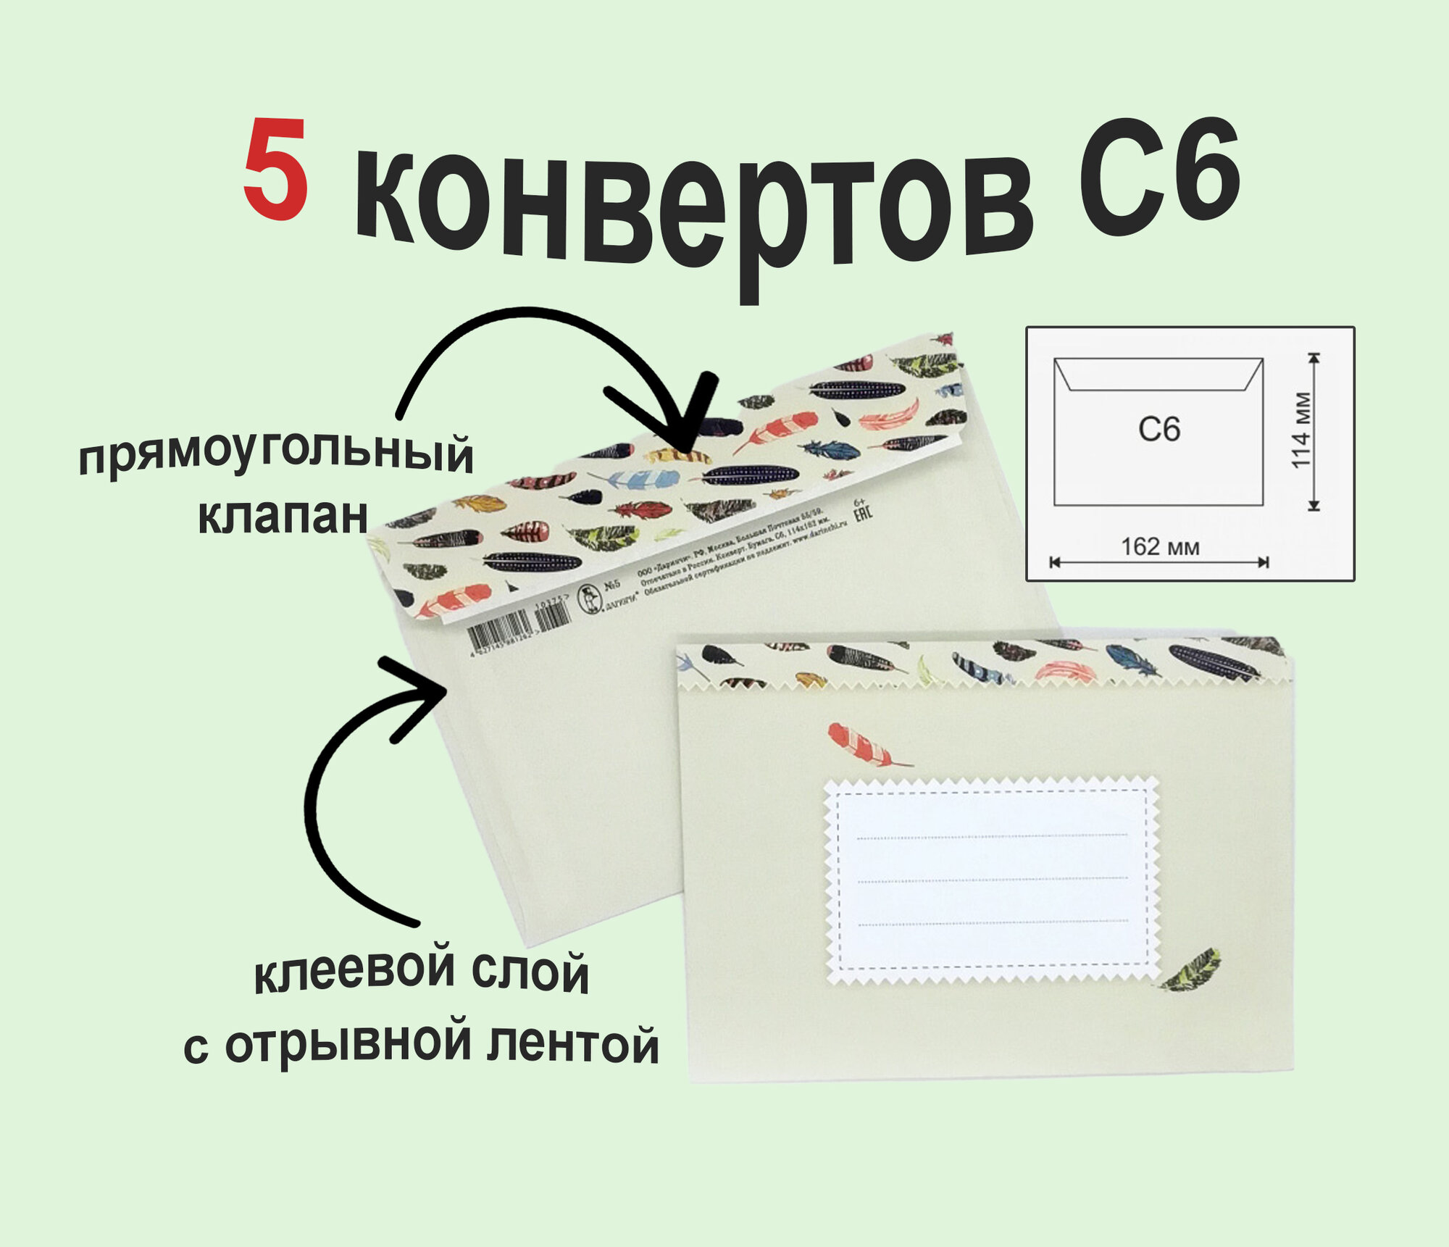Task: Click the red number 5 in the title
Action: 276,170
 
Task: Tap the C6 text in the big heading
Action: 1159,178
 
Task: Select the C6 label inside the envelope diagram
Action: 1159,429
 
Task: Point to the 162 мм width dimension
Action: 1160,546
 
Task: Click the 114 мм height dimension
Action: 1301,430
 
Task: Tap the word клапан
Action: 283,516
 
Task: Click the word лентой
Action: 572,1044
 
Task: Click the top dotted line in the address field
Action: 991,837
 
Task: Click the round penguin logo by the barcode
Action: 590,599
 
